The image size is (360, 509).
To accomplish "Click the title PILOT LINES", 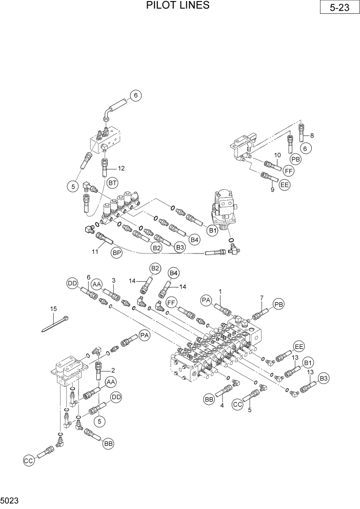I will click(x=178, y=6).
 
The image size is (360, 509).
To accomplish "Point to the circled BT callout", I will click(x=113, y=182).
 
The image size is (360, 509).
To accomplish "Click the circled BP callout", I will click(x=117, y=252).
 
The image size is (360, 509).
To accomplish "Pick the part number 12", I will click(x=121, y=168).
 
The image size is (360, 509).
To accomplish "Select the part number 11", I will click(x=95, y=252).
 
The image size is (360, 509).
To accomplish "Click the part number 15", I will click(x=53, y=308).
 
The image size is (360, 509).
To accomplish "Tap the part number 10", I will click(x=277, y=155).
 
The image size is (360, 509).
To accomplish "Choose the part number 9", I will click(x=272, y=189).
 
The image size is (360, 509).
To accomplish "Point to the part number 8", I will click(x=311, y=135).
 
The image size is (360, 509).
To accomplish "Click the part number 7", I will click(x=261, y=298).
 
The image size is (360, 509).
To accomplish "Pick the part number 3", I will click(x=114, y=280).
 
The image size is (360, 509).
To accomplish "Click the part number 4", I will click(x=222, y=406).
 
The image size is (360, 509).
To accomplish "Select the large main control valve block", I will click(x=221, y=349).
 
